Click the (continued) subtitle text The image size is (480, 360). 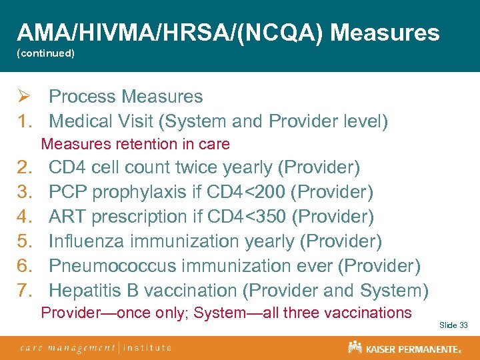coord(45,53)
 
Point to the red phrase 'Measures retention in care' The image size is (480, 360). coord(135,144)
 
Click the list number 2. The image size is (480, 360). coord(24,167)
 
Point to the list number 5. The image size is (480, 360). coord(24,241)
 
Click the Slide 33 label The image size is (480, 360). coord(453,325)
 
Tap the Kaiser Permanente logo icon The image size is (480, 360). coord(355,347)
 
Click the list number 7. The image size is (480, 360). coord(24,291)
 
